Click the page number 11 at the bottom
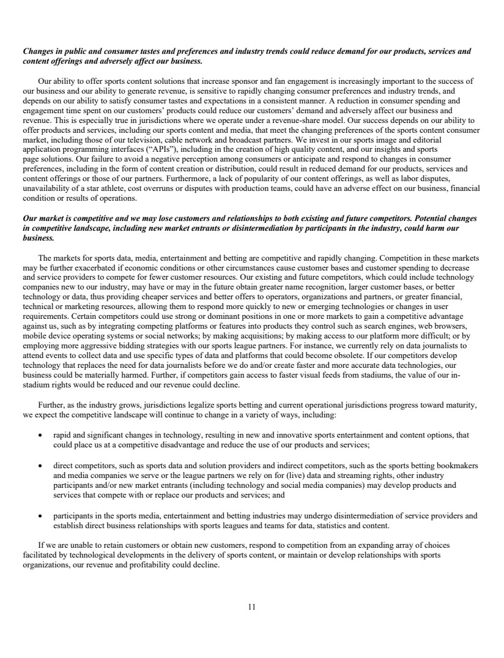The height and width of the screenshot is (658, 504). pos(251,607)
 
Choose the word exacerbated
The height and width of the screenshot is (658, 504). pos(90,267)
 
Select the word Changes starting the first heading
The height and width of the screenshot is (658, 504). pos(39,51)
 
